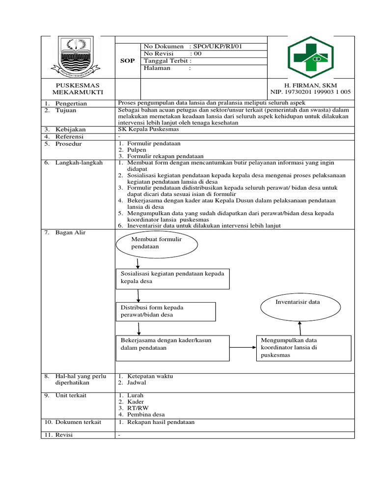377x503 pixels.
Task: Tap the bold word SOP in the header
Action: pyautogui.click(x=127, y=60)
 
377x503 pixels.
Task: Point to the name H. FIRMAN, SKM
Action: pyautogui.click(x=311, y=85)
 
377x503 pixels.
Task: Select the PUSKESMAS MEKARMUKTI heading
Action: pyautogui.click(x=78, y=89)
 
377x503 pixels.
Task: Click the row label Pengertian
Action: pyautogui.click(x=71, y=104)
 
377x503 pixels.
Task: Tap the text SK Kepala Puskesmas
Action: pyautogui.click(x=148, y=129)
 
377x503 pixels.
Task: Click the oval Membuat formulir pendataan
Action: pyautogui.click(x=157, y=243)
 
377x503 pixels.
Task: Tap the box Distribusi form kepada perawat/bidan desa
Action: pyautogui.click(x=165, y=311)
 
